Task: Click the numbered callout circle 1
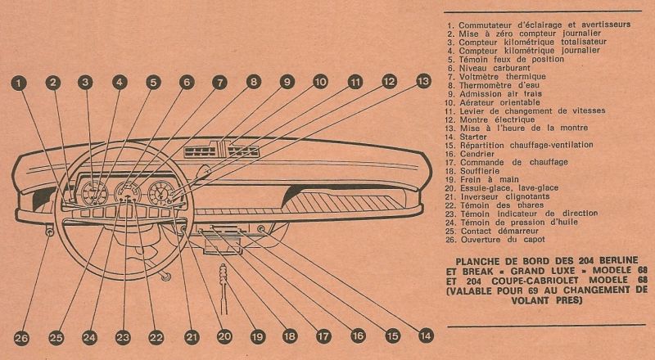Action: (19, 83)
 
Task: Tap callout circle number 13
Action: (422, 81)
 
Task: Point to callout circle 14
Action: (423, 334)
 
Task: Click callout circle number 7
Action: (219, 83)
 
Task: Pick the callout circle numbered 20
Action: (224, 335)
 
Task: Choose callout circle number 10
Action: (320, 82)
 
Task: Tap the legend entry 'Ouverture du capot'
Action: (504, 240)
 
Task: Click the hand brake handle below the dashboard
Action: (224, 279)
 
